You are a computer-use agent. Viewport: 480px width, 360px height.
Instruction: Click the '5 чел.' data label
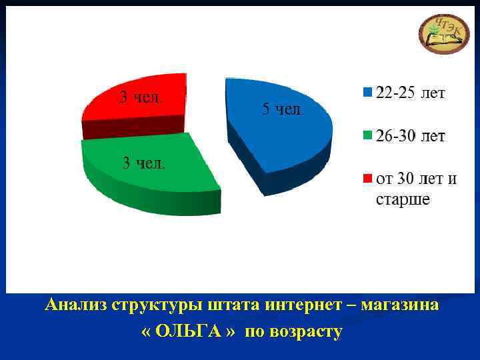tap(283, 109)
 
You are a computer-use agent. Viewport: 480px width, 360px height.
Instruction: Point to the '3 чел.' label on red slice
tap(141, 97)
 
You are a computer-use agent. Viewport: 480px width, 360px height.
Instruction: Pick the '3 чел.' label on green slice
tap(144, 163)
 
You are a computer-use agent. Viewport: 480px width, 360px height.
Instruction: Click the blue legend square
tap(367, 93)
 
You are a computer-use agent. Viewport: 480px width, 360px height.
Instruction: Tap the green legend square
tap(367, 137)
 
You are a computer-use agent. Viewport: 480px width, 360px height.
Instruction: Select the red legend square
tap(367, 179)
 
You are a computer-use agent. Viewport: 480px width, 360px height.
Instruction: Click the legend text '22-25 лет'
tap(411, 93)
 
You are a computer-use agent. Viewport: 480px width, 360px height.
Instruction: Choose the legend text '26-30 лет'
tap(411, 137)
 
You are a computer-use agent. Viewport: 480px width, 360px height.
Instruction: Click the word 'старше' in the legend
tap(403, 199)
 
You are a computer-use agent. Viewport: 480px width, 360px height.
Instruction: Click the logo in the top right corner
tap(443, 33)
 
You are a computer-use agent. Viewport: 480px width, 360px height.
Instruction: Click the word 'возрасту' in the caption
tap(303, 332)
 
